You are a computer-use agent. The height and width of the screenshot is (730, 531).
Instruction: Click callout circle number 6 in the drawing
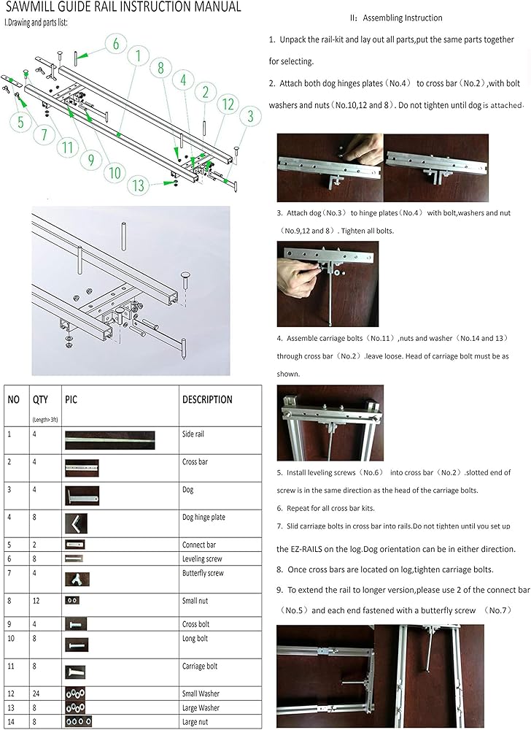[115, 44]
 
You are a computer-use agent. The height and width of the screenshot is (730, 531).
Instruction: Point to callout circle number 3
[250, 115]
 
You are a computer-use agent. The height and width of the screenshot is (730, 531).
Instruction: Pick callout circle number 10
[115, 173]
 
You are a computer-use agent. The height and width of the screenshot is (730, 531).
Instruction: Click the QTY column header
[40, 399]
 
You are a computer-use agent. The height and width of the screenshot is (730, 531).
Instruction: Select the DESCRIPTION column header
[207, 399]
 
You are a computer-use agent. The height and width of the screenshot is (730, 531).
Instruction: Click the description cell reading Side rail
[193, 434]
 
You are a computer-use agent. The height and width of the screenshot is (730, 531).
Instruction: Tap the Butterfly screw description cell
[203, 573]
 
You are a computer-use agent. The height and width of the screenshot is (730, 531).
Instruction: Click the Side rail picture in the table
[110, 441]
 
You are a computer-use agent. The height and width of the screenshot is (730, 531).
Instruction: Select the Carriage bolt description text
[201, 666]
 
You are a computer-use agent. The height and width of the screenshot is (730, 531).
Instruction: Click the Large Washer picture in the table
[76, 707]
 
